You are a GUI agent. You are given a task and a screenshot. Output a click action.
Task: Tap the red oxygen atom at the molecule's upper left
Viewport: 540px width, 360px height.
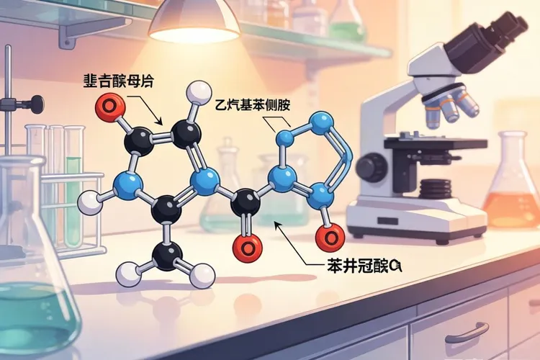tap(107, 108)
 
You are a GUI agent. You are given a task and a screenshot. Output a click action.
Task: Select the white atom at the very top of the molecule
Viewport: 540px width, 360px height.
tap(195, 92)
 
